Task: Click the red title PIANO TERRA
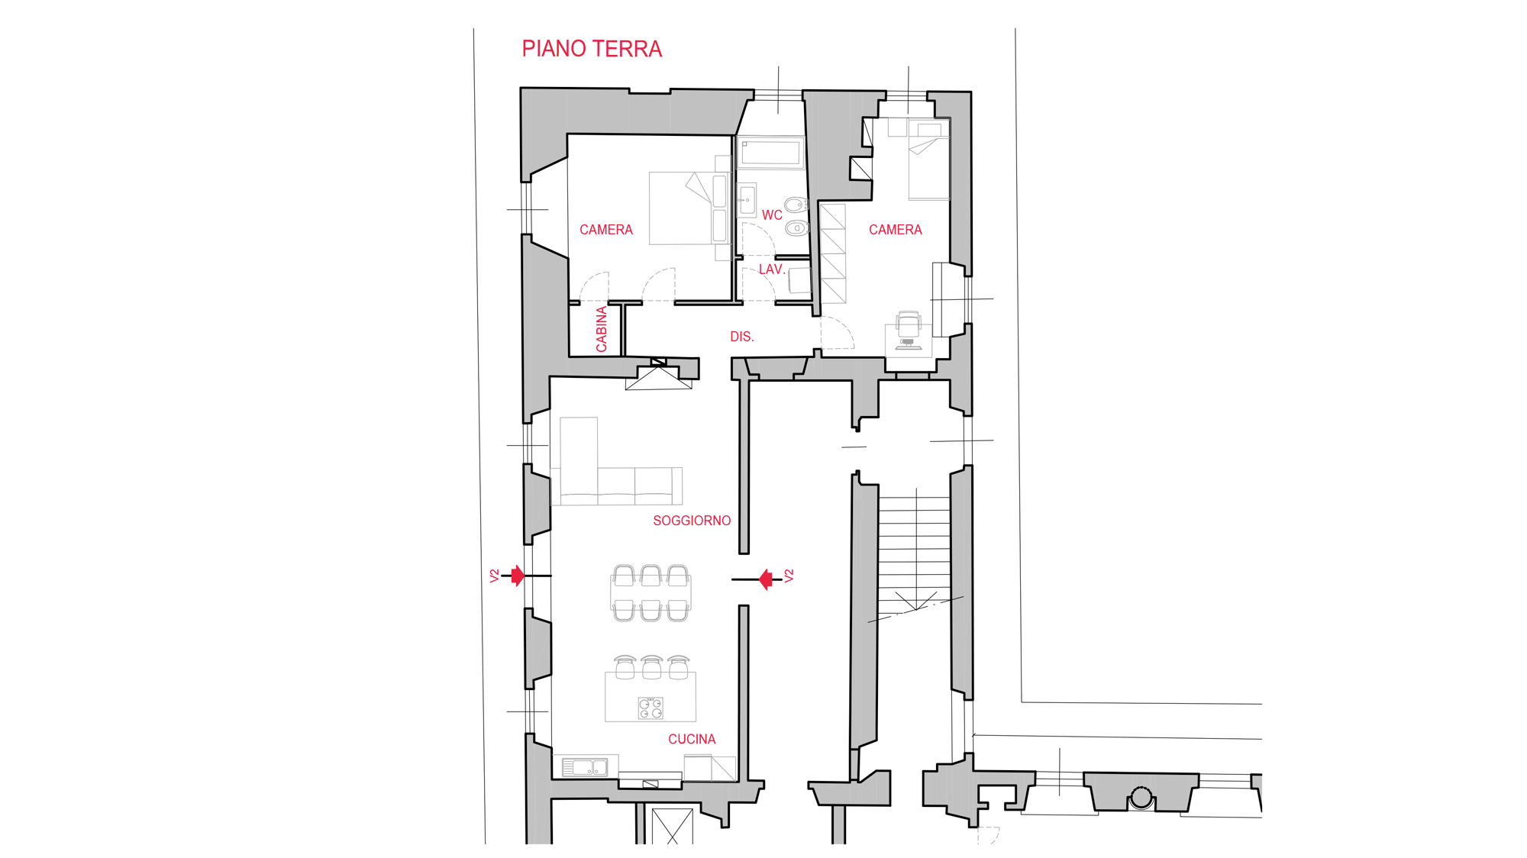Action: (592, 49)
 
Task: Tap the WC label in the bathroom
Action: (772, 215)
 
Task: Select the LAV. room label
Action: (771, 269)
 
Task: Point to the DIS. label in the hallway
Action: (741, 337)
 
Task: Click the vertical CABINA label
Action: (602, 329)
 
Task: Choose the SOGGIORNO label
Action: (692, 521)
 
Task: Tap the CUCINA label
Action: (692, 739)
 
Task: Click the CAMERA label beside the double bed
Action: (605, 230)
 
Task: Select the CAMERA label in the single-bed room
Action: (895, 230)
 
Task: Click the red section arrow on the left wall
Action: (518, 576)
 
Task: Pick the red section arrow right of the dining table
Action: (766, 579)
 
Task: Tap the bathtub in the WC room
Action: (770, 152)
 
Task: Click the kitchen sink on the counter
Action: (586, 767)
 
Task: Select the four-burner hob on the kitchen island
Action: (651, 708)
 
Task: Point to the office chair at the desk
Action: (909, 329)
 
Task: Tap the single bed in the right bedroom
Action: (928, 160)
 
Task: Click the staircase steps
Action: (914, 550)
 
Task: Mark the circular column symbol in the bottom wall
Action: (1141, 798)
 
